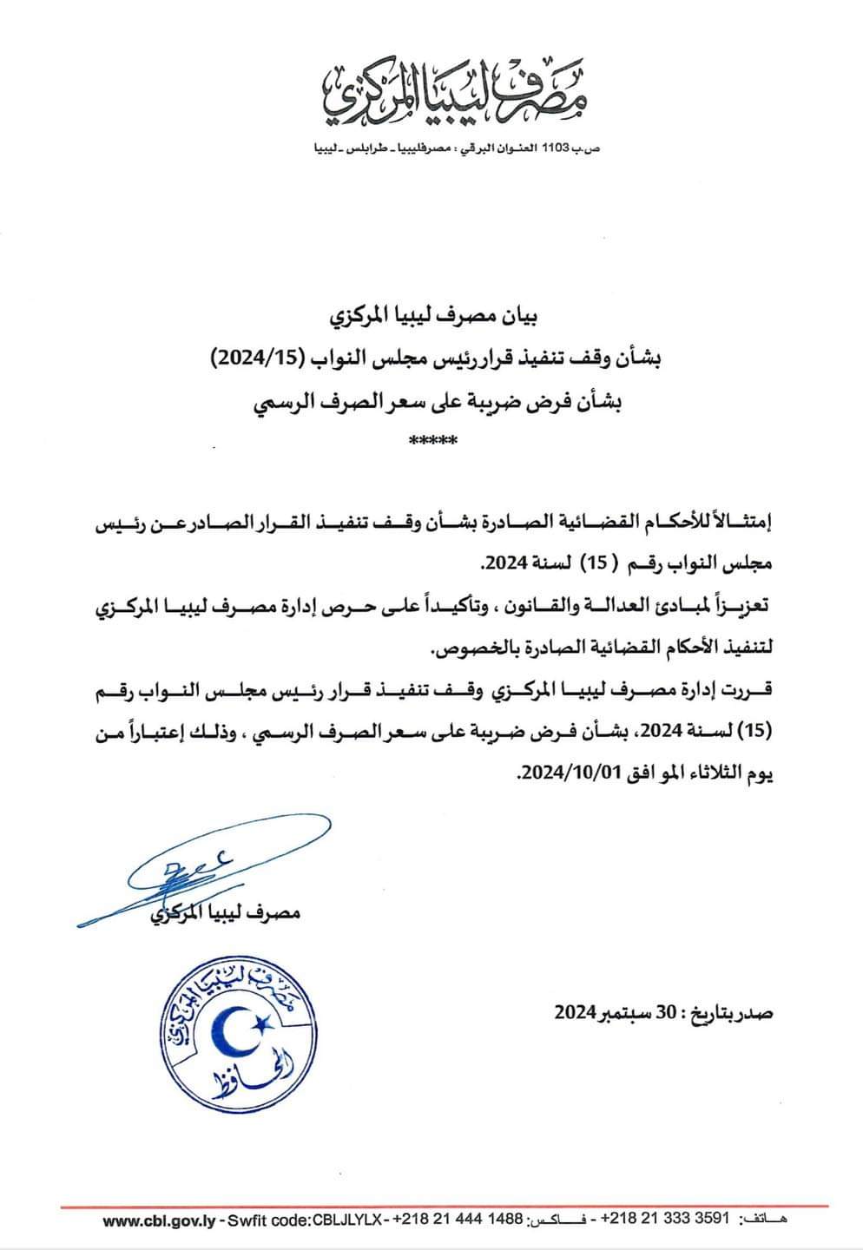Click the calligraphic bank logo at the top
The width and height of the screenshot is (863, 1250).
pyautogui.click(x=455, y=94)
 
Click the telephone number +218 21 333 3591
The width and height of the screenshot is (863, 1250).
pyautogui.click(x=665, y=1220)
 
